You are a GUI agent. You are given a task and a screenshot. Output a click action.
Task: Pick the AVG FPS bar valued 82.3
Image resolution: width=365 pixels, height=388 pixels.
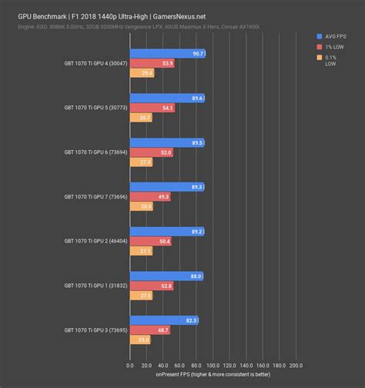click(164, 320)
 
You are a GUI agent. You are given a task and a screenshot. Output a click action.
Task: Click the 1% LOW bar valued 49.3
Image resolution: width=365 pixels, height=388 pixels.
click(150, 197)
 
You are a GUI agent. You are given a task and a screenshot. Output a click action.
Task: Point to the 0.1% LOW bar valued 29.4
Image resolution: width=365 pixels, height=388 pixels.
click(142, 74)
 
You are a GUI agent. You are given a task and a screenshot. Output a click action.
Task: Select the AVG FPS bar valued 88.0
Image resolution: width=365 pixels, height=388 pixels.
click(166, 276)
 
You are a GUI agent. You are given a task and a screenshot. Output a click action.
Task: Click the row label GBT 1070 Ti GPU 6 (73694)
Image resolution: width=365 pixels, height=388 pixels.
click(92, 152)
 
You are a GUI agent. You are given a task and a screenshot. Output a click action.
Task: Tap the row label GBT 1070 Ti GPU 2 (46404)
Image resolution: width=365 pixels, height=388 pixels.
click(92, 241)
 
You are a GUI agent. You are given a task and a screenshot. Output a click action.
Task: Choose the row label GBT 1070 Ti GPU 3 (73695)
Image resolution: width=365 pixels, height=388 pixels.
click(92, 330)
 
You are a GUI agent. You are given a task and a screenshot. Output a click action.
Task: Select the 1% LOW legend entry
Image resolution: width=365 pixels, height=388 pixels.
click(333, 46)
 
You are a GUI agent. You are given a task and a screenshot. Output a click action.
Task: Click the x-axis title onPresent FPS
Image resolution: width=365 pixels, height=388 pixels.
click(217, 375)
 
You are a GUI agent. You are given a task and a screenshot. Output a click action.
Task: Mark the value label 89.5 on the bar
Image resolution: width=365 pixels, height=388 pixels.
click(196, 142)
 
